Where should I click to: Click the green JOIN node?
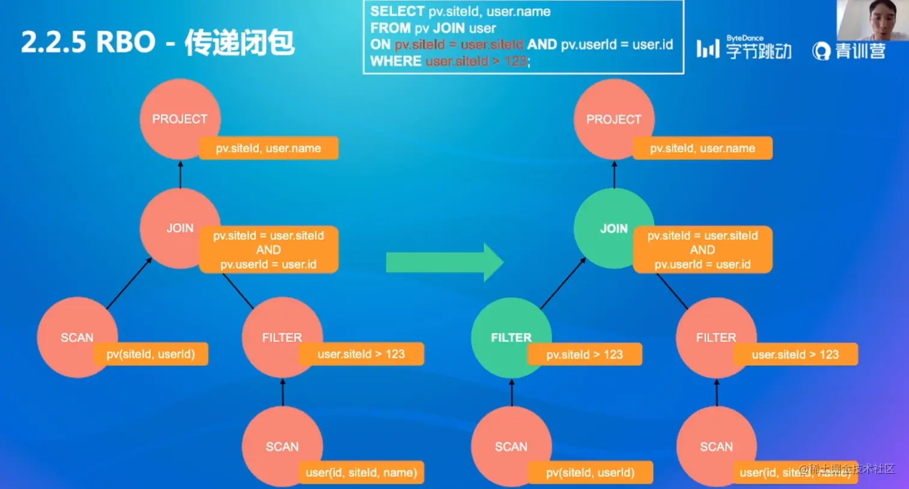[x=614, y=228]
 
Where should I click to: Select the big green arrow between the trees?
[x=444, y=263]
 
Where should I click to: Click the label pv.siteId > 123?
[x=584, y=354]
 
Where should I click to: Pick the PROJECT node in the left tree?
[x=179, y=118]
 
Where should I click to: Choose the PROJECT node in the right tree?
[x=613, y=118]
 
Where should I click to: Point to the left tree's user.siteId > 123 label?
[x=361, y=354]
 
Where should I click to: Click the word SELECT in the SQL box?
[x=397, y=11]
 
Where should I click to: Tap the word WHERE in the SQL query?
[x=396, y=61]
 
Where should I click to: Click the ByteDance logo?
[x=744, y=48]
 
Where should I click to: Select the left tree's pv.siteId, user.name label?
[x=269, y=148]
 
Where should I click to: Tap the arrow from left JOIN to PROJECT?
[x=180, y=174]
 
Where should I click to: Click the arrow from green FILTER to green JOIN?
[x=563, y=283]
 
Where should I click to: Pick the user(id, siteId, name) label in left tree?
[x=361, y=472]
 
